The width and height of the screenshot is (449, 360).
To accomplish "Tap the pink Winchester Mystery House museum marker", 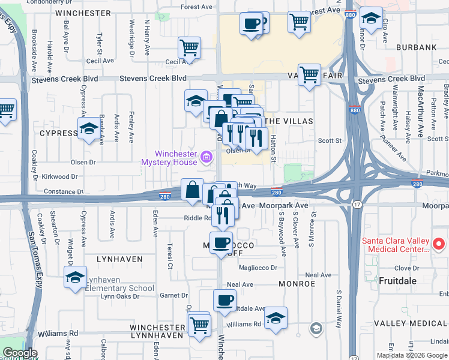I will point(206,158).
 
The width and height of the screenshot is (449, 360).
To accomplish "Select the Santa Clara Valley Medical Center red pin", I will point(438,244).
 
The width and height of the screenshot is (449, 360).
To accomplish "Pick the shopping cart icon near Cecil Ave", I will point(189,48).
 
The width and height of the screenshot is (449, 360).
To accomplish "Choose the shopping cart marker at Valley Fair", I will point(309,76).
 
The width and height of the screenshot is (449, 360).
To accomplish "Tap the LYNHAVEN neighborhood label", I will point(121,259).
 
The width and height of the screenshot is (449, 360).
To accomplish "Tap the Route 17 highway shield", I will point(357,205).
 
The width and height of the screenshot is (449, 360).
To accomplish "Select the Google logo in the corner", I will point(19,353).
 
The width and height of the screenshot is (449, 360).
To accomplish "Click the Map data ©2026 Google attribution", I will point(412,355).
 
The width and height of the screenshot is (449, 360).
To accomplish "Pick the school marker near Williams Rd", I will point(276,319).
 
